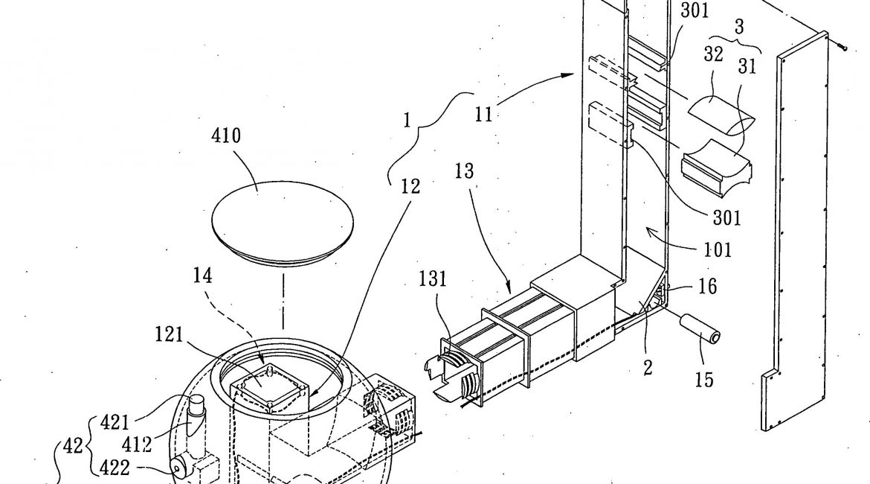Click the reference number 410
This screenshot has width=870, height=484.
pos(226,136)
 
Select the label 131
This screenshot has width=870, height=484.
pos(432,278)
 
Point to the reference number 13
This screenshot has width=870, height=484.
pos(465,171)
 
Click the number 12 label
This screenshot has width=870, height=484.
pos(410,187)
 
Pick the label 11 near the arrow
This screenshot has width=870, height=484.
pos(483,115)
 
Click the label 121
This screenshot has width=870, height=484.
pos(170,334)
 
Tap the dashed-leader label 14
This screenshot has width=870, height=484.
pos(202,275)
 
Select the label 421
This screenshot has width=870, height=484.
pos(115,423)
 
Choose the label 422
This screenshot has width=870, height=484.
pos(115,468)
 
